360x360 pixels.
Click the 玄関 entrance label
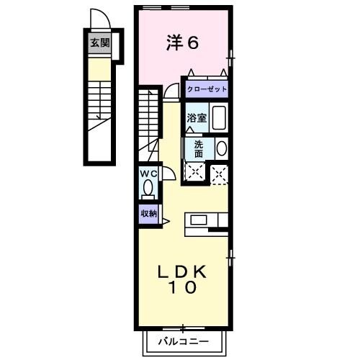(x=100, y=42)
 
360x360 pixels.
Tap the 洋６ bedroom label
(x=183, y=42)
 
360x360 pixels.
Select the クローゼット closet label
(x=207, y=89)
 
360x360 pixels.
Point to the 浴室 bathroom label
(x=197, y=117)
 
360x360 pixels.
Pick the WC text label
(x=148, y=174)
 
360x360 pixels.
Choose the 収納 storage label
(x=148, y=213)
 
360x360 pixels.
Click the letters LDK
(x=184, y=271)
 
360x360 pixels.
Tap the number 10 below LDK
(x=184, y=288)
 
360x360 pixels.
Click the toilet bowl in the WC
(x=148, y=189)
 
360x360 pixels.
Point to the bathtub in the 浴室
(x=220, y=117)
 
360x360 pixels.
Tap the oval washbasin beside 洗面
(x=221, y=148)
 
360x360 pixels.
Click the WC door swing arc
(x=167, y=174)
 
